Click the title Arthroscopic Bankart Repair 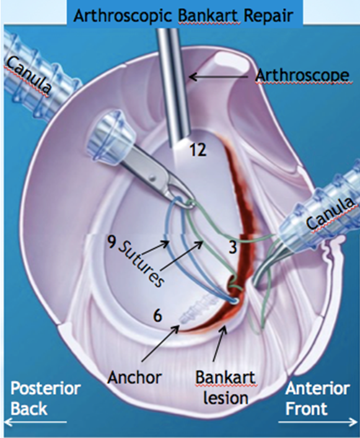[x=183, y=17]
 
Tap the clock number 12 [x=198, y=151]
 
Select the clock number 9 [x=112, y=243]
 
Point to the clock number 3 [x=233, y=247]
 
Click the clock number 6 [x=157, y=316]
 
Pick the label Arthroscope [x=302, y=76]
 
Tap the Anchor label [x=134, y=378]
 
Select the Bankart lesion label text [x=225, y=387]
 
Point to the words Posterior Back [x=45, y=398]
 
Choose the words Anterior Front [x=317, y=398]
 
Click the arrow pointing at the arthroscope [x=219, y=76]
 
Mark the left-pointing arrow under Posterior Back [x=35, y=422]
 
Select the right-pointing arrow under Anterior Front [x=318, y=422]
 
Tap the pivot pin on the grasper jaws [x=152, y=177]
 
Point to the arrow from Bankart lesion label [x=218, y=347]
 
